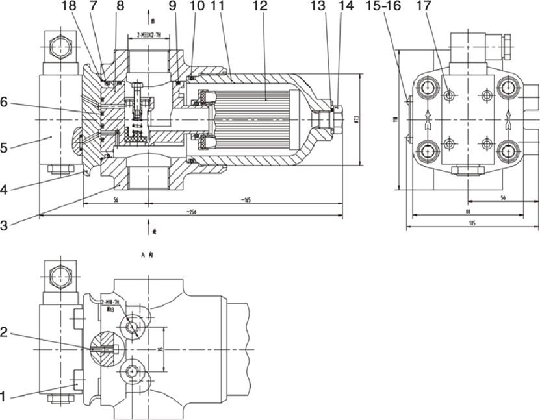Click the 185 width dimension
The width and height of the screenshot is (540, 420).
pyautogui.click(x=472, y=224)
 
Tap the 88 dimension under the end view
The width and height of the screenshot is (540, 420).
pyautogui.click(x=468, y=212)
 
